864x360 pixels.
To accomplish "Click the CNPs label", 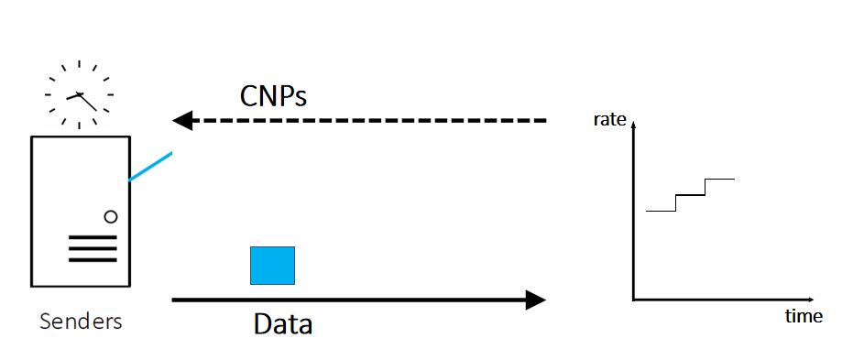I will pos(273,95).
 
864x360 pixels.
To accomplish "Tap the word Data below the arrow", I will pos(282,324).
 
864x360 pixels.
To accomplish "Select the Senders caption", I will pos(81,322).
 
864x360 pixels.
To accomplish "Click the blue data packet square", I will pos(272,265).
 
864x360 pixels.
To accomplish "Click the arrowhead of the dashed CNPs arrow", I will pos(181,120).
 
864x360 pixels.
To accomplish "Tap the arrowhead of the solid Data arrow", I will pos(535,300).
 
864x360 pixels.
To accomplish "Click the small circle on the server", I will pos(111,217).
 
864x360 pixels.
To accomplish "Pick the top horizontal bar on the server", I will pos(93,237).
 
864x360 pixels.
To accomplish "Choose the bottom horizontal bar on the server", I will pos(93,260).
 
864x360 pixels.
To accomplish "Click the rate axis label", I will pos(609,119).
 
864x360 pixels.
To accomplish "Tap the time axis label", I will pos(804,317).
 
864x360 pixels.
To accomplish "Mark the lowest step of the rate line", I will pos(661,211).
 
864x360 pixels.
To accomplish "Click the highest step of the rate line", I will pos(720,179).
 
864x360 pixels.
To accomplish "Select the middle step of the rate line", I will pos(690,194).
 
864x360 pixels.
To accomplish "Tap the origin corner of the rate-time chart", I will pos(633,300).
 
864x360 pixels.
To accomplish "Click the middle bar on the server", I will pos(93,248).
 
